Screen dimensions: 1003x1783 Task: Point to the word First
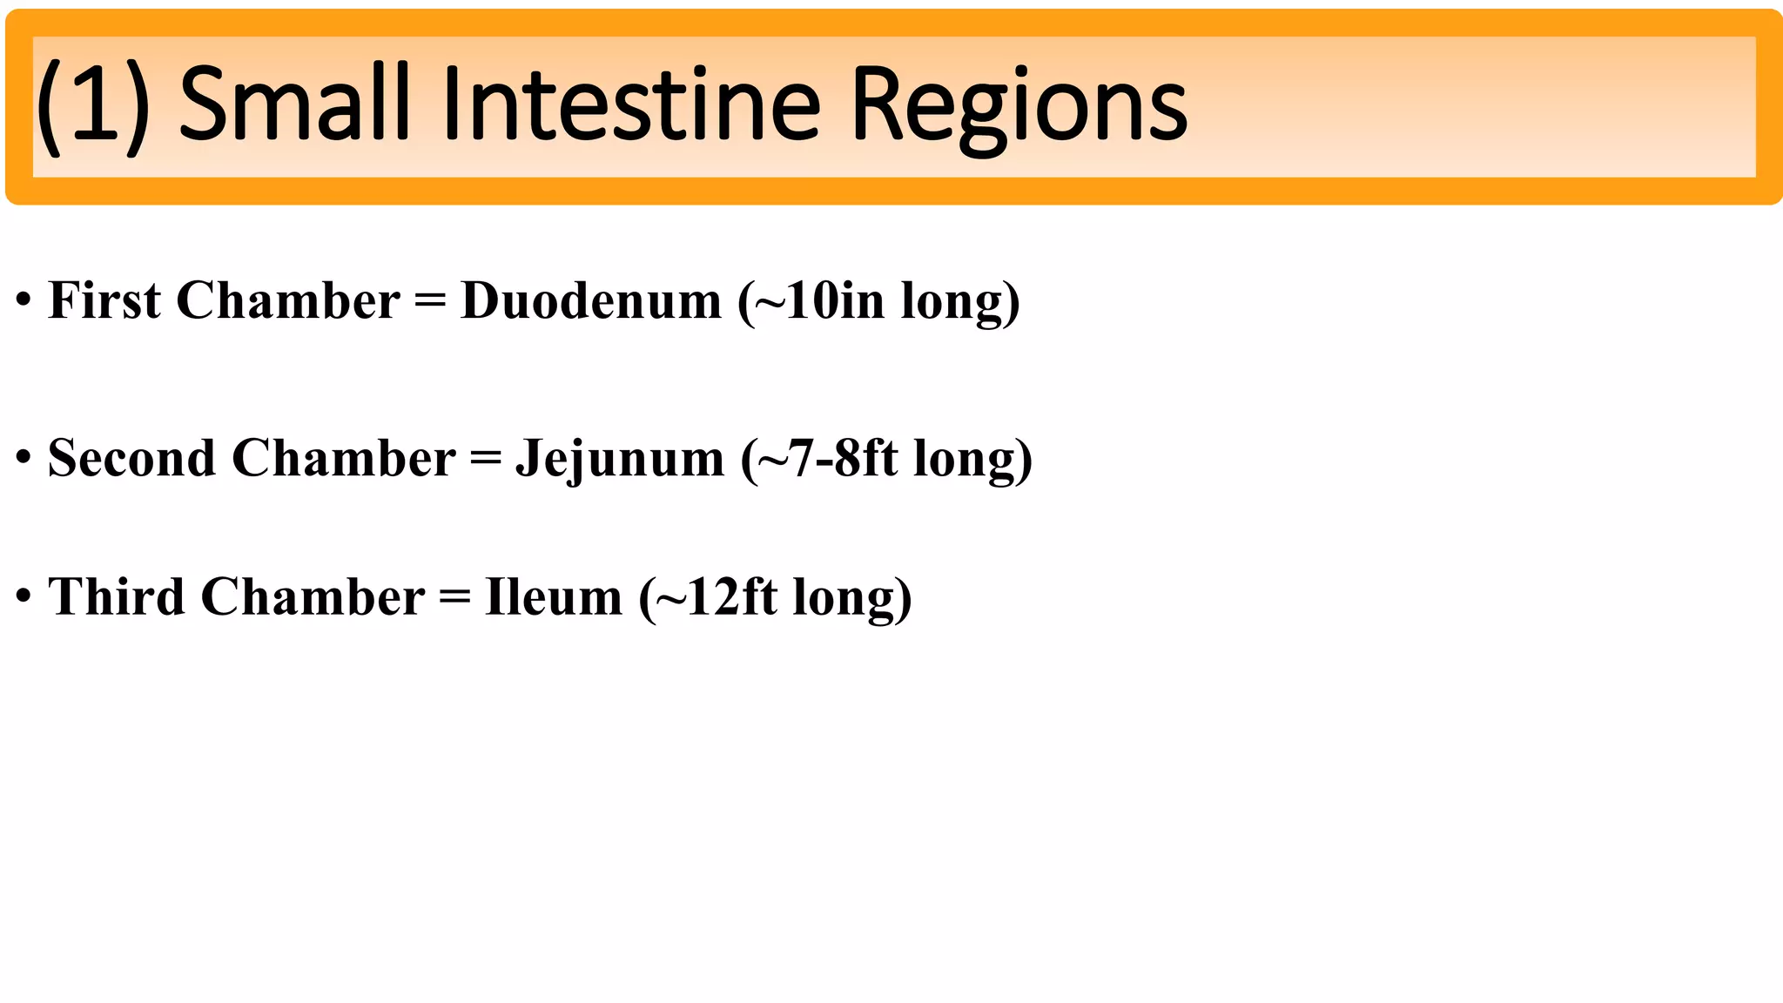[104, 300]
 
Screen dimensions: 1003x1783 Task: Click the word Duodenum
[591, 301]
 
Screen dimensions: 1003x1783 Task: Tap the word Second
[131, 458]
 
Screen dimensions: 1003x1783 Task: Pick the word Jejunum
[619, 460]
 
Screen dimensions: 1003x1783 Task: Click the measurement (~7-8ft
[819, 459]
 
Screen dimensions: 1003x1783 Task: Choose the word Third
[117, 597]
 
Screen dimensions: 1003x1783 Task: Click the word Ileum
[554, 597]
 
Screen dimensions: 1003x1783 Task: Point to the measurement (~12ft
[708, 597]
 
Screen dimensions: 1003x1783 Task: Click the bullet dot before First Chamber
[24, 301]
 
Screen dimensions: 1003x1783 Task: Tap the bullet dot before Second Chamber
[24, 459]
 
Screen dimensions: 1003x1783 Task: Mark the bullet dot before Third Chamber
[24, 598]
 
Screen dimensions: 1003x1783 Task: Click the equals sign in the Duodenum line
[430, 302]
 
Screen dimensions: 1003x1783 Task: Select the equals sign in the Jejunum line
[485, 460]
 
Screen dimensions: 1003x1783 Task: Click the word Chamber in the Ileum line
[313, 597]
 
